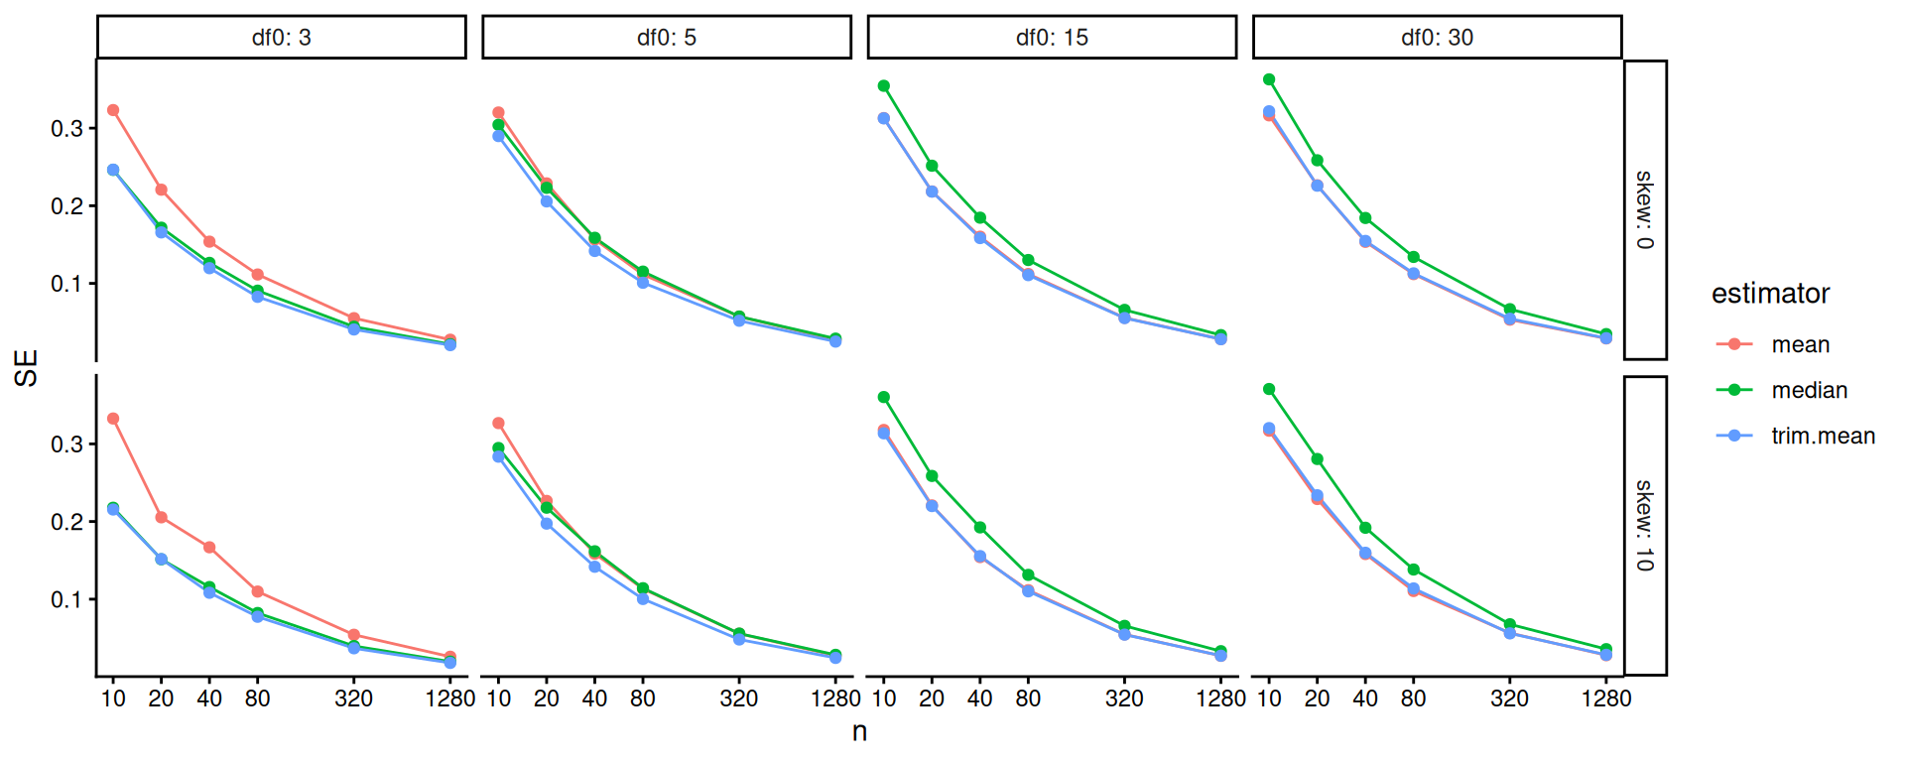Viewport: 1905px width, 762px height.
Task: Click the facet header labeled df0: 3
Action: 281,38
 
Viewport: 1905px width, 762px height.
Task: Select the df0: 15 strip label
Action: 1052,38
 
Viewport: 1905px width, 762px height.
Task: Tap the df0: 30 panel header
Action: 1437,38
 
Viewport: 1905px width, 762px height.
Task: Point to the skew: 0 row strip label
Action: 1644,209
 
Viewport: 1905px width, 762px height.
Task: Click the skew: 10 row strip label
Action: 1644,526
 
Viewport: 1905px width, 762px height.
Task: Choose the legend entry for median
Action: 1809,390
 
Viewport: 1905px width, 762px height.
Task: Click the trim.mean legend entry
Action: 1823,436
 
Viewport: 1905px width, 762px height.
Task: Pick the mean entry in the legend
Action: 1800,344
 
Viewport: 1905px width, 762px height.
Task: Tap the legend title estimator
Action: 1770,294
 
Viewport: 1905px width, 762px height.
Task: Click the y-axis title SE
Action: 26,367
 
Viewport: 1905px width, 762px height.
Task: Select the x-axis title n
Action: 859,731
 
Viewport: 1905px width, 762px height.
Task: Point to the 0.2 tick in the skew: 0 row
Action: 66,206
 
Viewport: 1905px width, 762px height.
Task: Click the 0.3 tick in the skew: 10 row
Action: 66,444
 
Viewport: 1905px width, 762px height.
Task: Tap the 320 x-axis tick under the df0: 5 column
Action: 738,698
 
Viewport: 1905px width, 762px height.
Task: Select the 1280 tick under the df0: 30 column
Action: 1605,698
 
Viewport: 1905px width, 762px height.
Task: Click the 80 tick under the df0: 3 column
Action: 257,698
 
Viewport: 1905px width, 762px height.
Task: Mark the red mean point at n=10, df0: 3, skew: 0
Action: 113,110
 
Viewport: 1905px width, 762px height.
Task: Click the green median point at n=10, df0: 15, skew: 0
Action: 884,86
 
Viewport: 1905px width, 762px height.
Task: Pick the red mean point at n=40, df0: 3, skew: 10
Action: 209,548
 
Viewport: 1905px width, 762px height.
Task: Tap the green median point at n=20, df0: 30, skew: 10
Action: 1317,459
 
